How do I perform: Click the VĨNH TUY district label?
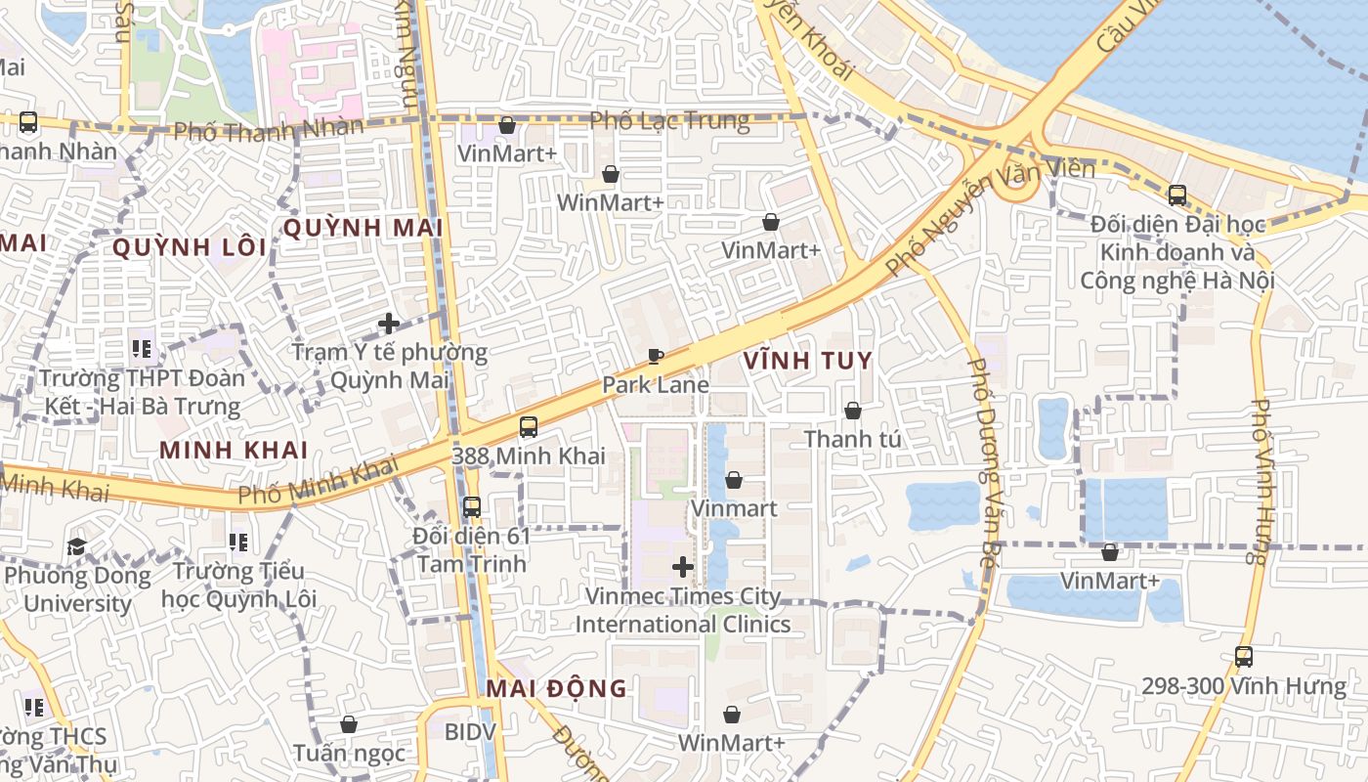pos(807,361)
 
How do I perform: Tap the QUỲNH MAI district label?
pos(363,228)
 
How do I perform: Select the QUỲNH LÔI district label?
pos(189,247)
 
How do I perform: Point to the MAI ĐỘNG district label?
pos(557,688)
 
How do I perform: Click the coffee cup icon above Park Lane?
pos(655,356)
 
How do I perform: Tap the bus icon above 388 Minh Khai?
pos(529,426)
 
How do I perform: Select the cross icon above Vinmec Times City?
pos(683,567)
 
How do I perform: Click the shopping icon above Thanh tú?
pos(853,411)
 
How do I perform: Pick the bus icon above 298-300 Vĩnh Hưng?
pos(1244,657)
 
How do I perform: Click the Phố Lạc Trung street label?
pos(669,121)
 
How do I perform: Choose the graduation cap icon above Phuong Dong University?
pos(77,546)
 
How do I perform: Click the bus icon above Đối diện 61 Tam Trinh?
pos(472,507)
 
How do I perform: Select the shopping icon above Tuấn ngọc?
pos(349,724)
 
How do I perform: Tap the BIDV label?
pos(471,731)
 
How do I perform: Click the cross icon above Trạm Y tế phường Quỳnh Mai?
pos(389,323)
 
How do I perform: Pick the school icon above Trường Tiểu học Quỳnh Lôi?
pos(237,542)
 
